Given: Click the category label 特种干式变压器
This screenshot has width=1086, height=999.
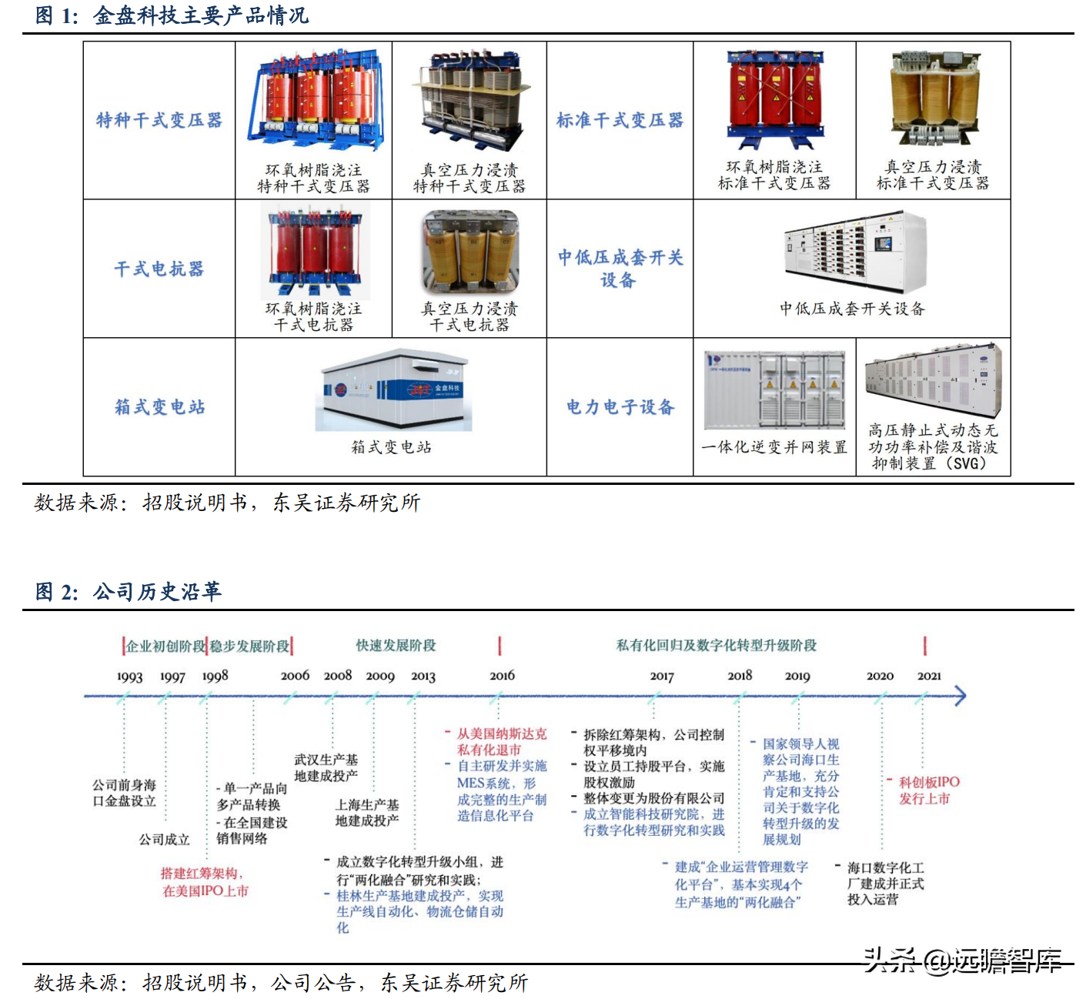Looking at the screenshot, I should point(159,120).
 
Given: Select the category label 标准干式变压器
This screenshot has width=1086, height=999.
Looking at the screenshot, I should point(620,120).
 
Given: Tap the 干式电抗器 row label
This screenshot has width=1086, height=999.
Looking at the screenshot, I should point(159,269).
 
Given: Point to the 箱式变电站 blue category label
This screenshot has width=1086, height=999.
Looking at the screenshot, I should point(159,406).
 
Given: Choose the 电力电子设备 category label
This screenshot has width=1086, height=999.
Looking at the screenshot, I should point(620,406).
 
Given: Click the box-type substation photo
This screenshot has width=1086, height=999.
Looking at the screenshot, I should point(393,391).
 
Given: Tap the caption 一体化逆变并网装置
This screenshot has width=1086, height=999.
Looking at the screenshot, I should point(774,447).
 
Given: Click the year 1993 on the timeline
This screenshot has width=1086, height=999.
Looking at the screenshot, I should point(129,677).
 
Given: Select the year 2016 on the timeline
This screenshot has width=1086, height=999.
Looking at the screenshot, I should point(502,676).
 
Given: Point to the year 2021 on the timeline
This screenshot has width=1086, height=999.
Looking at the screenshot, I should point(929,676).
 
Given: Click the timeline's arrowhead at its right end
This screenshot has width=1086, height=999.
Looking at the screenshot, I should point(959,697).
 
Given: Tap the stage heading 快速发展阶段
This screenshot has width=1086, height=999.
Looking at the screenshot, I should point(396,645).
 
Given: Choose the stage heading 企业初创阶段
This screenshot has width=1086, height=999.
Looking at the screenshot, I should point(165,646).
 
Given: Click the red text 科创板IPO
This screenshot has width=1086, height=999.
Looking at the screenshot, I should point(929,782).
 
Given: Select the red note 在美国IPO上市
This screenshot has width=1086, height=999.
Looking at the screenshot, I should point(206,890).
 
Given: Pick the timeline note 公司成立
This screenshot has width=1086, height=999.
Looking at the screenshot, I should point(164,839).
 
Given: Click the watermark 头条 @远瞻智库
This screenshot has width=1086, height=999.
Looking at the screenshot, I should point(962,960).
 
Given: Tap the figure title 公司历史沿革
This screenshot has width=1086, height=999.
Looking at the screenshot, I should point(157,591).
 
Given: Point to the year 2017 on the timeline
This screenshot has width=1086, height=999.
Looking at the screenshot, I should point(662,677).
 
